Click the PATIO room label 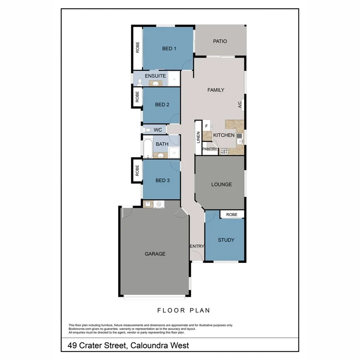click(220, 41)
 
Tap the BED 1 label click(169, 49)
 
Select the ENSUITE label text click(155, 76)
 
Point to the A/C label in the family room click(240, 105)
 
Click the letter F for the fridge click(206, 126)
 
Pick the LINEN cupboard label click(198, 138)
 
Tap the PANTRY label click(210, 149)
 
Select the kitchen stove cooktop click(224, 151)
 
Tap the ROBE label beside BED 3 click(137, 171)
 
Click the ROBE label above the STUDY click(232, 215)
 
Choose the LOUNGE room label click(221, 184)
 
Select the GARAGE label click(155, 254)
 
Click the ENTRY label click(197, 246)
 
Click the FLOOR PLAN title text click(184, 310)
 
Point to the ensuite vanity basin click(154, 84)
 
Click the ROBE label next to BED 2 click(137, 97)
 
